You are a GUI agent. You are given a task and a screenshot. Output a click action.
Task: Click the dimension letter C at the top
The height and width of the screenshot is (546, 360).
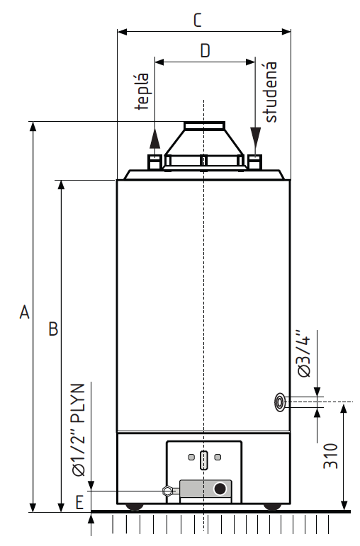(x=198, y=21)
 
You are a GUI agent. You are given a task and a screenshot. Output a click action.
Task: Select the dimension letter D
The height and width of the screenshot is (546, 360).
(x=206, y=50)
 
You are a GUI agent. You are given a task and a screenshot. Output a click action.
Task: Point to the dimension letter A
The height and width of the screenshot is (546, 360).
(x=24, y=312)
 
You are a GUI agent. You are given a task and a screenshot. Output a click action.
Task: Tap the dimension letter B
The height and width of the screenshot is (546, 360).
(x=53, y=329)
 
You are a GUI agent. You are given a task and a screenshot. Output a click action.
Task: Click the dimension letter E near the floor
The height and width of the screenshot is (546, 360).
(x=80, y=503)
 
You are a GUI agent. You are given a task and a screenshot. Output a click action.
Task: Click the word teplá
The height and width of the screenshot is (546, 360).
(x=142, y=91)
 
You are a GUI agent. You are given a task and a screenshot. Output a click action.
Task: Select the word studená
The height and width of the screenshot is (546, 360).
(x=271, y=92)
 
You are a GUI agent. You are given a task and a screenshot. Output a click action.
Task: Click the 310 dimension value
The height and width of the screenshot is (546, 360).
(x=331, y=456)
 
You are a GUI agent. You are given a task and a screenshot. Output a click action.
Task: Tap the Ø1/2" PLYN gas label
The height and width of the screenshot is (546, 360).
(x=79, y=430)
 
